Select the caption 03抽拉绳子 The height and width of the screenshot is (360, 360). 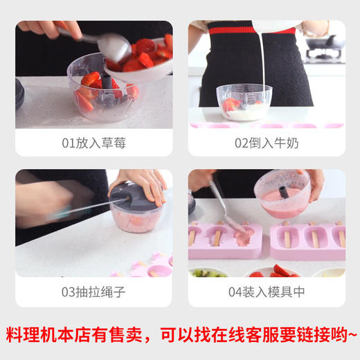[94, 291]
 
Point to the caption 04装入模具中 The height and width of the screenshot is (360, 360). [267, 291]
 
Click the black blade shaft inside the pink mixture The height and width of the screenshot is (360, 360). [285, 187]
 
